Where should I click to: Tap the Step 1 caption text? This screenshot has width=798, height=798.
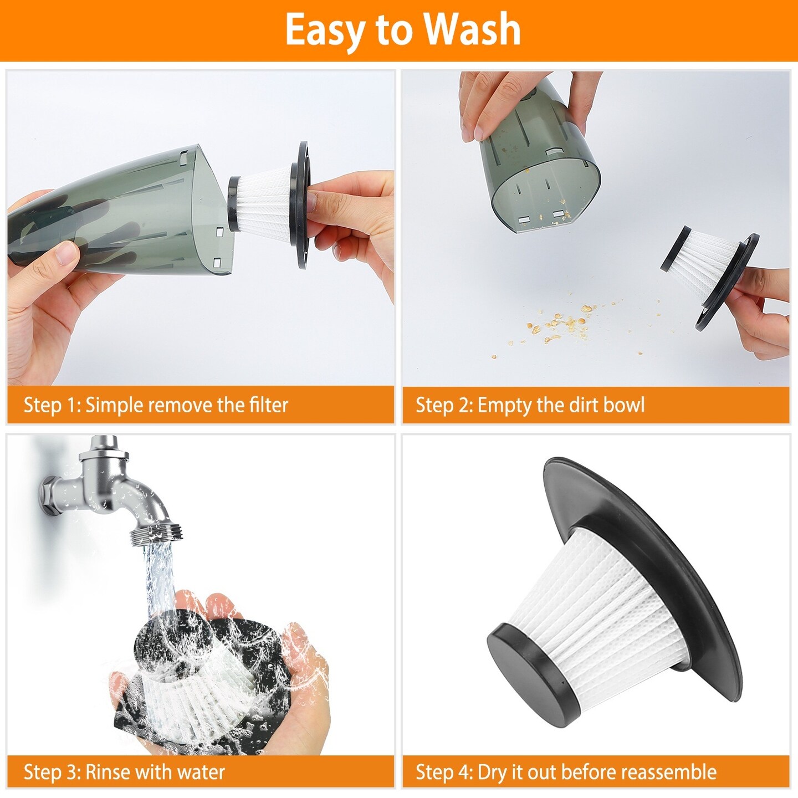tap(156, 405)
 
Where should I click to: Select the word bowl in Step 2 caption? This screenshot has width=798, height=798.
tap(624, 405)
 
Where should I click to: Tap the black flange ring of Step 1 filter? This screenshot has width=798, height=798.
tap(303, 205)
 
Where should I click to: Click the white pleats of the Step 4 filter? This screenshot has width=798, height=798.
tap(604, 610)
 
